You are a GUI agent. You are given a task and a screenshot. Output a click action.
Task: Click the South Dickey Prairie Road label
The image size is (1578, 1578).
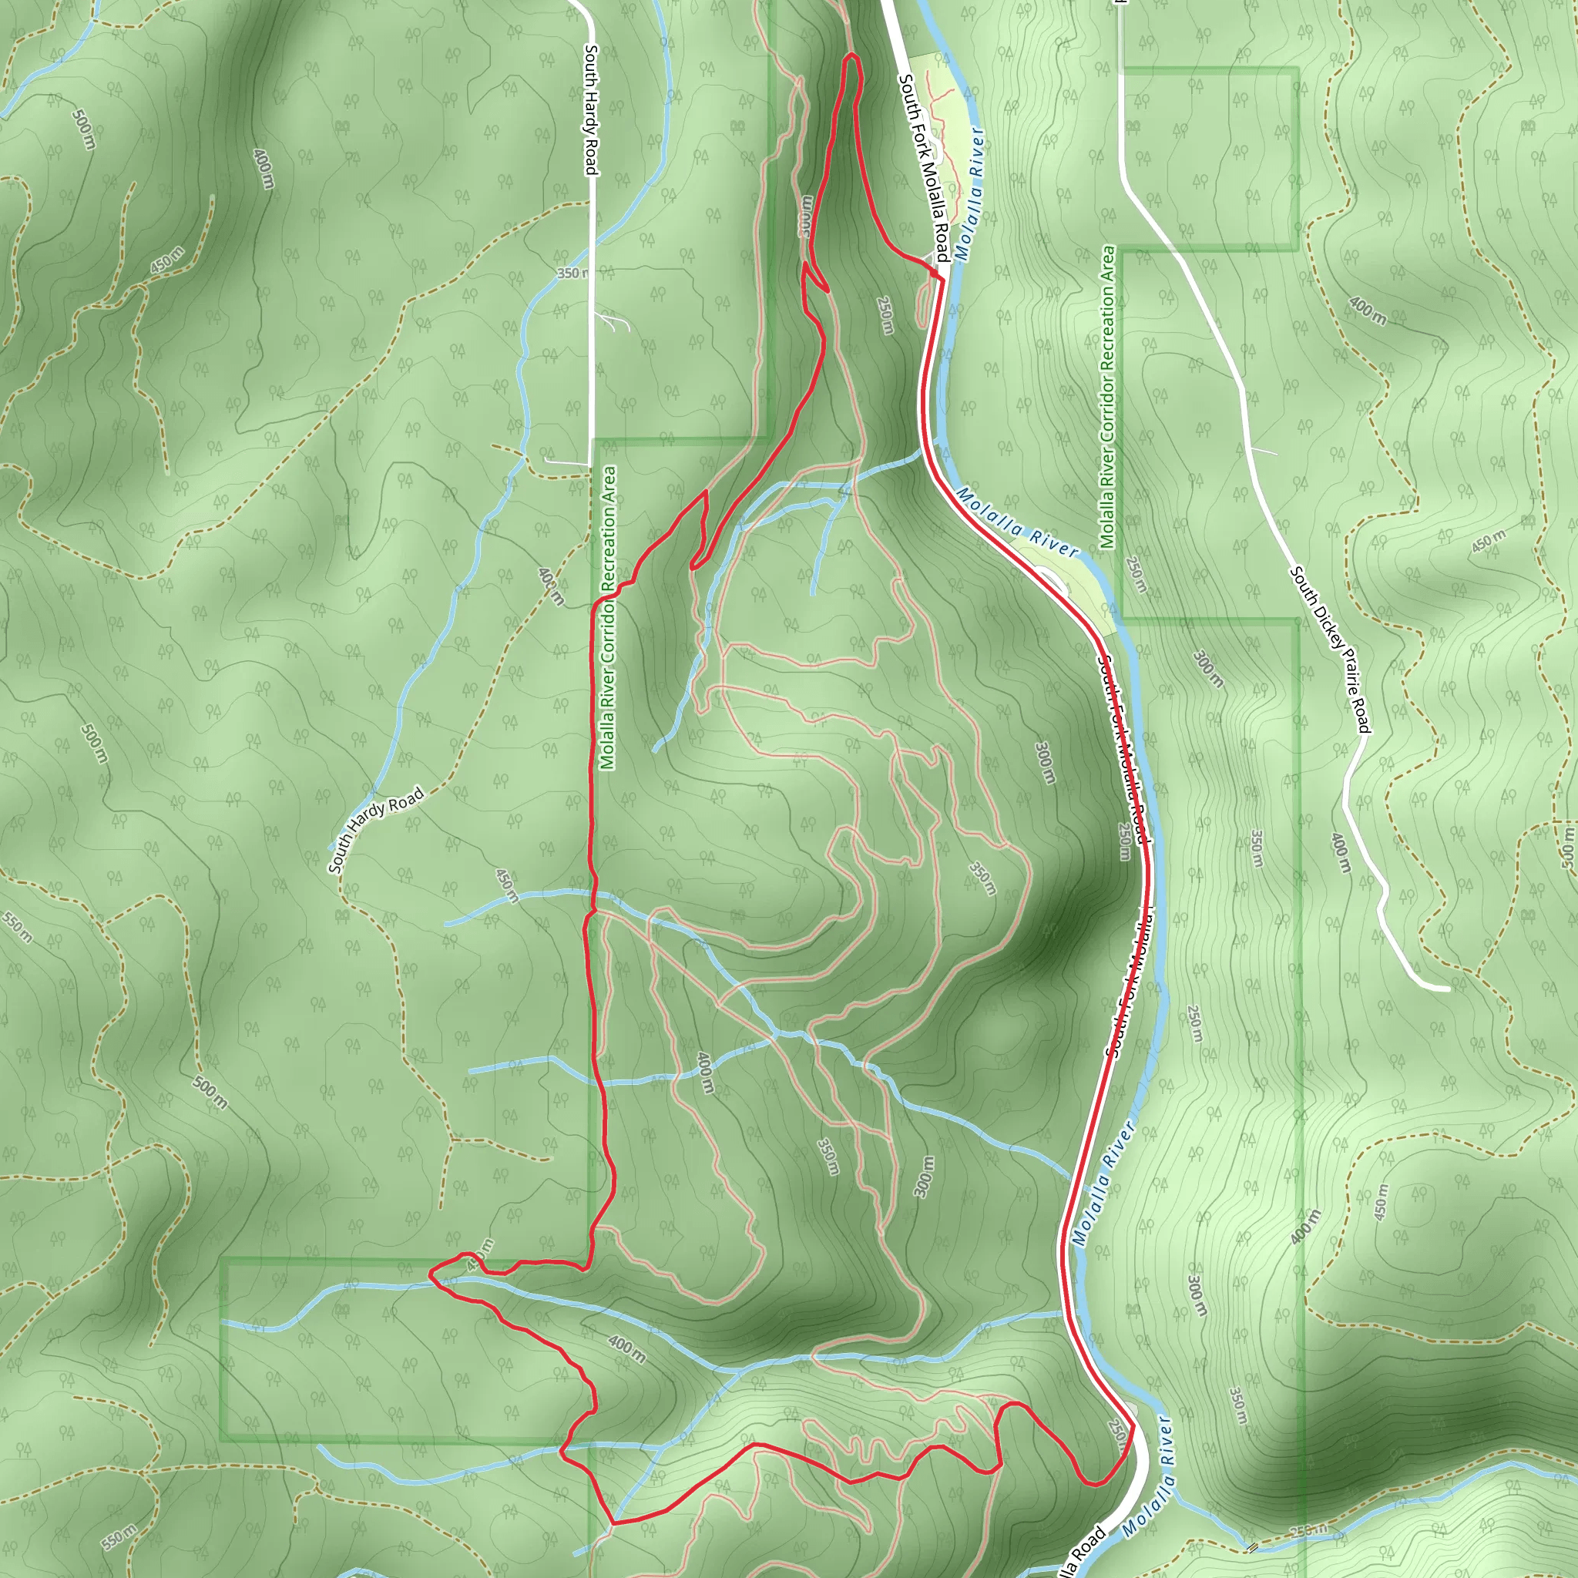[1330, 649]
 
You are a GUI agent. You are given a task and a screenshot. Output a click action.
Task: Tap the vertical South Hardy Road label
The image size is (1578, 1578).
[591, 109]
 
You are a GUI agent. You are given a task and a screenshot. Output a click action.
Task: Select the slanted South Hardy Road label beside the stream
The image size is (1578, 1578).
[376, 829]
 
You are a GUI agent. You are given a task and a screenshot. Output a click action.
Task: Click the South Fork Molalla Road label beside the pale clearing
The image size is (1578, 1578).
[924, 167]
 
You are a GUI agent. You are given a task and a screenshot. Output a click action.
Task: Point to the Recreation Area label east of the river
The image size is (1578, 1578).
[1107, 397]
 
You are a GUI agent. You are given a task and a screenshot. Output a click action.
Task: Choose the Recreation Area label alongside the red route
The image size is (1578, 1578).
[608, 617]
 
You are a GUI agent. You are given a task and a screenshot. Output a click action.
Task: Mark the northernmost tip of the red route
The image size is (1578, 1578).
[852, 55]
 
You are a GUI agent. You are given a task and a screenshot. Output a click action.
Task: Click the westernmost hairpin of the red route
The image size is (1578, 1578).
[431, 1271]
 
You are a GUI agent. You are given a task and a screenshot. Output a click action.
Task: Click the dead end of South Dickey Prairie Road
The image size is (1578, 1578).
[1448, 989]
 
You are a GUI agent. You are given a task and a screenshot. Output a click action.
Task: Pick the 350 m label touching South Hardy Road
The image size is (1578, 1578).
[572, 273]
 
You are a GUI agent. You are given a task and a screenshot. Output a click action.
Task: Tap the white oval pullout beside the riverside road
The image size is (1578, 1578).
[1051, 581]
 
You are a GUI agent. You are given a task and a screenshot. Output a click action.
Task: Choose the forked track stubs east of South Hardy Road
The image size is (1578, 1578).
[614, 322]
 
